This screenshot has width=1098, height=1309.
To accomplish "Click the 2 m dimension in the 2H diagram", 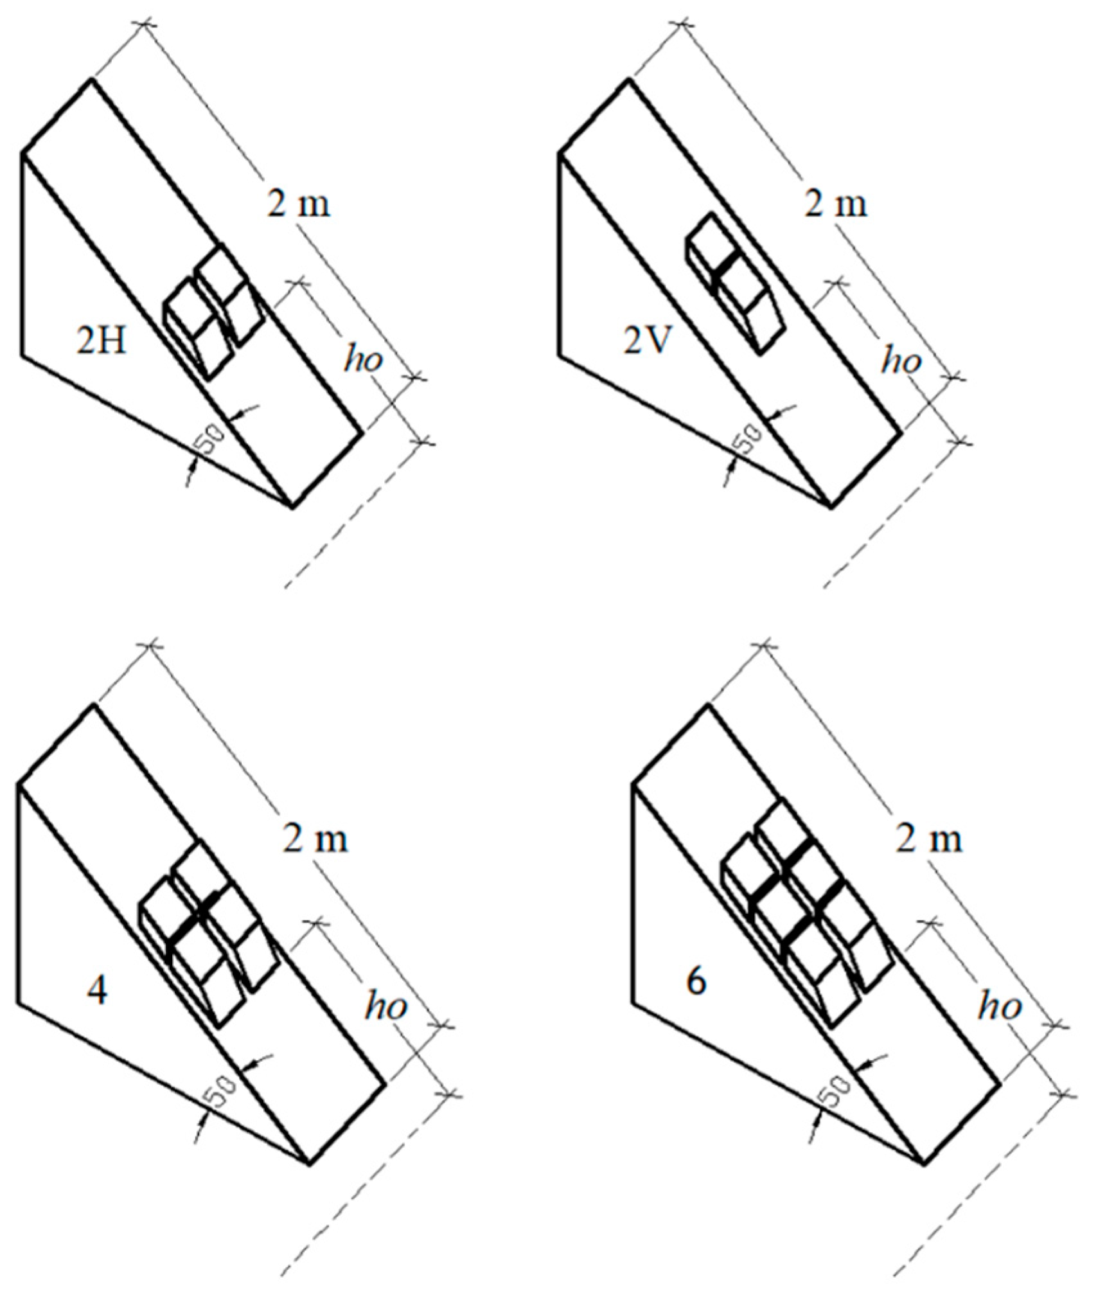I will [298, 204].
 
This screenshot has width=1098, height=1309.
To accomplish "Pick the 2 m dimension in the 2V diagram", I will [835, 204].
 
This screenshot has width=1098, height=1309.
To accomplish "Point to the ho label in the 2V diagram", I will [901, 360].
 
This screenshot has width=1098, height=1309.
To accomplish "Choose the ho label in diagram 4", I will [385, 1004].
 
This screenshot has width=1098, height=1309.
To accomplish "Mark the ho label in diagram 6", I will [1000, 1004].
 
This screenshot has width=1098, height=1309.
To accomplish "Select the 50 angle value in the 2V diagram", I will [749, 439].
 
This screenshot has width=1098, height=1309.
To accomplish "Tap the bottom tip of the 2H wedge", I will [293, 507].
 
